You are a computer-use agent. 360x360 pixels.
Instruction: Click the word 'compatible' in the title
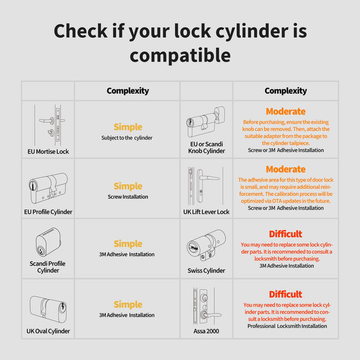click(180, 56)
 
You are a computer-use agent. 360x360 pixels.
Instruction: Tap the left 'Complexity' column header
click(128, 91)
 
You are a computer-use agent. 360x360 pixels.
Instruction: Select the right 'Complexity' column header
click(286, 91)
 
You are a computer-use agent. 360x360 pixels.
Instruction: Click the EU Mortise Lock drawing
click(50, 125)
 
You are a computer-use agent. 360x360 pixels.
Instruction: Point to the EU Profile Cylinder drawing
click(48, 188)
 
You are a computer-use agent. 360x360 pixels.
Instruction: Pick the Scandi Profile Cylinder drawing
click(48, 242)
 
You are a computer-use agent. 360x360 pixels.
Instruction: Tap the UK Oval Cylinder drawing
click(48, 309)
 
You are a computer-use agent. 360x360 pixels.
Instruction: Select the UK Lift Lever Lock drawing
click(205, 186)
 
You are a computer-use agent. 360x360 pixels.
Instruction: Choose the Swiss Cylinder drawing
click(206, 245)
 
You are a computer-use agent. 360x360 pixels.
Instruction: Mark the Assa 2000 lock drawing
click(206, 306)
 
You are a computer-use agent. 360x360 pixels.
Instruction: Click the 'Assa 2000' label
click(206, 331)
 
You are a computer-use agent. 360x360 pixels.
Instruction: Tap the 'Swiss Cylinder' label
click(206, 271)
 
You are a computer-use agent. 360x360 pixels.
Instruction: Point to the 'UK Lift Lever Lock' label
click(206, 212)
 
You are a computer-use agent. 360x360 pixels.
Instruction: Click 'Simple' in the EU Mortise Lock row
click(128, 127)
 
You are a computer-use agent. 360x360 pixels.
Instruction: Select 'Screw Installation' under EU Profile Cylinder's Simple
click(128, 197)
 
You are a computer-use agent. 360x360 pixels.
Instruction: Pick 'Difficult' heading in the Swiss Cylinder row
click(286, 234)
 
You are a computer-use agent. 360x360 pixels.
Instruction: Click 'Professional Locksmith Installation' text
click(287, 326)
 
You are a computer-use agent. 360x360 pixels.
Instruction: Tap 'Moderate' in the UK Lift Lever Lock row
click(286, 169)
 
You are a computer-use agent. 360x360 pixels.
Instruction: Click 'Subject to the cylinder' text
click(127, 138)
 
